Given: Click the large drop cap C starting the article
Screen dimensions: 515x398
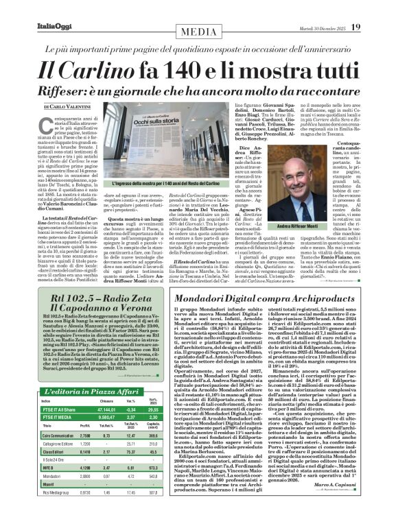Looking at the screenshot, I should (x=40, y=131).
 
